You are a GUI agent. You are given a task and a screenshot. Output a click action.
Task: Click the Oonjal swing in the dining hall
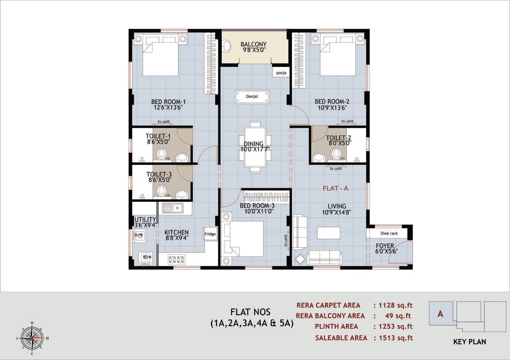pyautogui.click(x=252, y=97)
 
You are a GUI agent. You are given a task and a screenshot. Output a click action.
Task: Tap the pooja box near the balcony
pyautogui.click(x=281, y=72)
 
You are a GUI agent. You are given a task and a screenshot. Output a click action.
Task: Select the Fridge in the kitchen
pyautogui.click(x=210, y=234)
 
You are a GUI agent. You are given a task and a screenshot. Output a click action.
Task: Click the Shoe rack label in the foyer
pyautogui.click(x=389, y=233)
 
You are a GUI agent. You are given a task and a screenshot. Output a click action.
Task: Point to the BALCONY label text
pyautogui.click(x=253, y=44)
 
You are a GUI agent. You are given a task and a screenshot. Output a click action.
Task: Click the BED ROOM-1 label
pyautogui.click(x=168, y=102)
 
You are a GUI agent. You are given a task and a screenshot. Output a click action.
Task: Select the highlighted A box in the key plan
pyautogui.click(x=440, y=314)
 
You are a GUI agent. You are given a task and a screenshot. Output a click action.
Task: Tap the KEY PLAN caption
pyautogui.click(x=469, y=342)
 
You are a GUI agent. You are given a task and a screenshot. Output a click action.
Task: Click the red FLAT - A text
pyautogui.click(x=335, y=188)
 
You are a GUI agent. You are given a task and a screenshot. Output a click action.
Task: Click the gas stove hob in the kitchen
pyautogui.click(x=176, y=259)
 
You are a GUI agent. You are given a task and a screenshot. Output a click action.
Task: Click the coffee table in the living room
pyautogui.click(x=328, y=233)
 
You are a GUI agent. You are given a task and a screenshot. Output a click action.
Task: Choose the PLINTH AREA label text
pyautogui.click(x=336, y=326)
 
